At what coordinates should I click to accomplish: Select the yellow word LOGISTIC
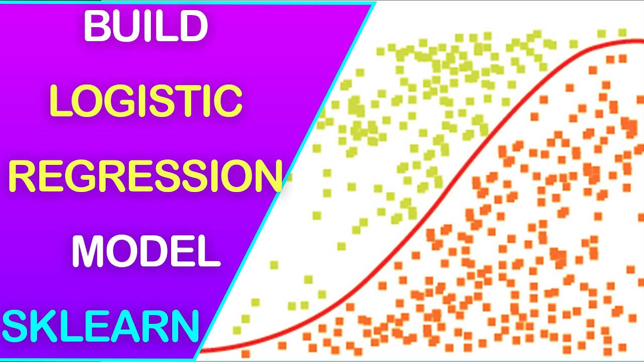pyautogui.click(x=146, y=101)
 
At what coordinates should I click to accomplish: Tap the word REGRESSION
pyautogui.click(x=144, y=176)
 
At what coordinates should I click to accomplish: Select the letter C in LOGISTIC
pyautogui.click(x=228, y=101)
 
